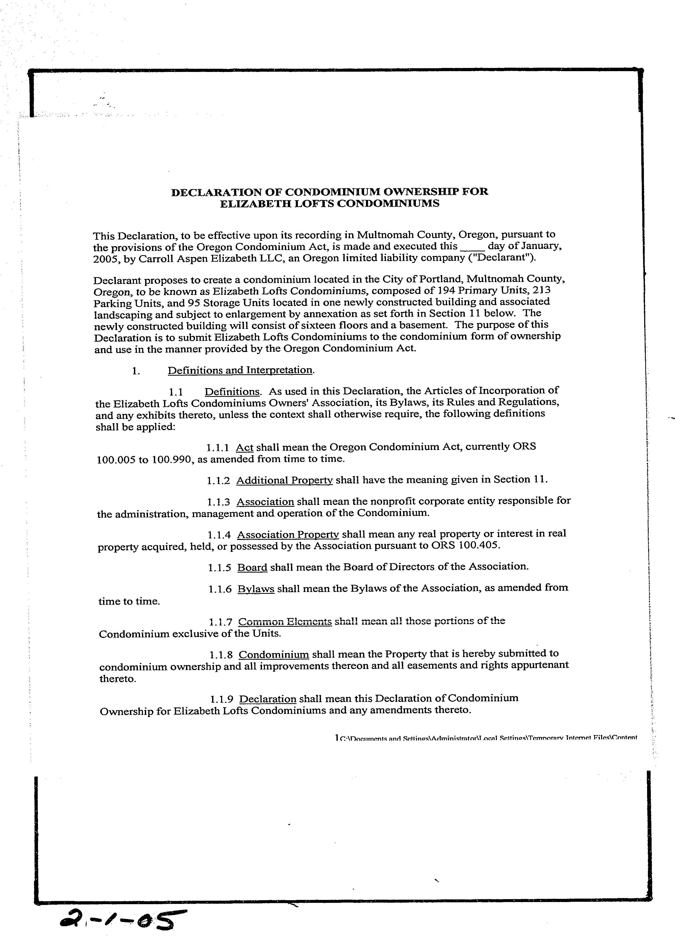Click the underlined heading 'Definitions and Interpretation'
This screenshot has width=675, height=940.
[240, 370]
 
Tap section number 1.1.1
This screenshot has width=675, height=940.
[218, 448]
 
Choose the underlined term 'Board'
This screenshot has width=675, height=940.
[252, 567]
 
